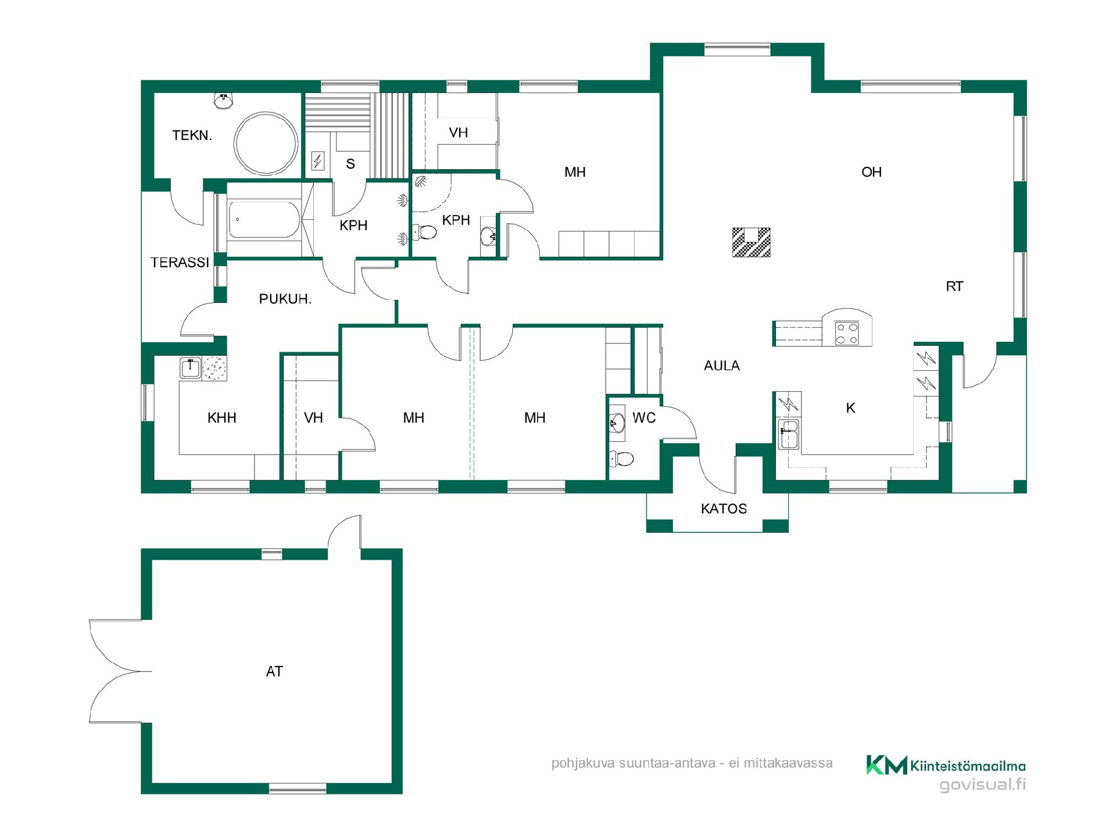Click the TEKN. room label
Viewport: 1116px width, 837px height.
click(192, 136)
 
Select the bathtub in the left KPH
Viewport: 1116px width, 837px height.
click(264, 219)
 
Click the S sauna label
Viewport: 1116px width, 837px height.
click(350, 164)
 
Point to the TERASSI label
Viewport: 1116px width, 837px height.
click(180, 263)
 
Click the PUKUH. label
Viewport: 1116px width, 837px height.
click(285, 299)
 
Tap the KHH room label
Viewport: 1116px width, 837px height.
click(222, 418)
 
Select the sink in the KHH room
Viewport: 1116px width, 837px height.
click(190, 368)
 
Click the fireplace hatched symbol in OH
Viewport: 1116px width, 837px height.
click(751, 242)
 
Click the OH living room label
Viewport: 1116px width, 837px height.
click(871, 172)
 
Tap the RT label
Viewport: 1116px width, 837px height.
click(954, 287)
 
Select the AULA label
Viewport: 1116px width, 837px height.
click(722, 366)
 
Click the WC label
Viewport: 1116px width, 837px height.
click(644, 418)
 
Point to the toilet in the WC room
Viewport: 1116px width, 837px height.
click(621, 459)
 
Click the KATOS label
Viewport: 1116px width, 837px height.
click(724, 509)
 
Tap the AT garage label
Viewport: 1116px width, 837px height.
click(274, 672)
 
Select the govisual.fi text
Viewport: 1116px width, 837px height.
click(983, 785)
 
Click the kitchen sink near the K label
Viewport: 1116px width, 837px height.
click(789, 435)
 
